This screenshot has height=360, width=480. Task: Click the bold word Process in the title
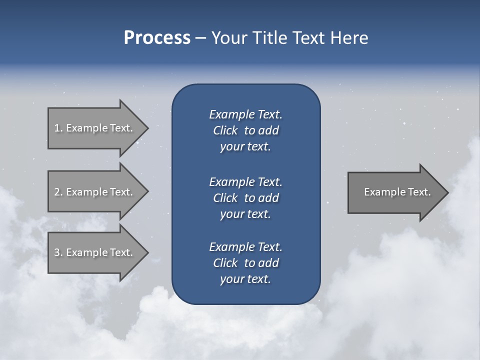click(157, 38)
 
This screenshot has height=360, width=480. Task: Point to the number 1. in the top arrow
click(58, 128)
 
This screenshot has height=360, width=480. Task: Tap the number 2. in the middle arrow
click(58, 192)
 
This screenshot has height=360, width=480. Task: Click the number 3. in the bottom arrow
click(58, 252)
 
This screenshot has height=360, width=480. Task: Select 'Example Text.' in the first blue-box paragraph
click(245, 114)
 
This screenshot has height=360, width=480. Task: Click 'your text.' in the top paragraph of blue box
click(245, 147)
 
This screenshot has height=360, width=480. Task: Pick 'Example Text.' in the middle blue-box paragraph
click(245, 181)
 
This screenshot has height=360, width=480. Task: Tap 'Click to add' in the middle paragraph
click(245, 198)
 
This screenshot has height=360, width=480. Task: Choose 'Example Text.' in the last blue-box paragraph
click(245, 247)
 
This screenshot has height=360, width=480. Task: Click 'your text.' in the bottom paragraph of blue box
click(245, 279)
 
